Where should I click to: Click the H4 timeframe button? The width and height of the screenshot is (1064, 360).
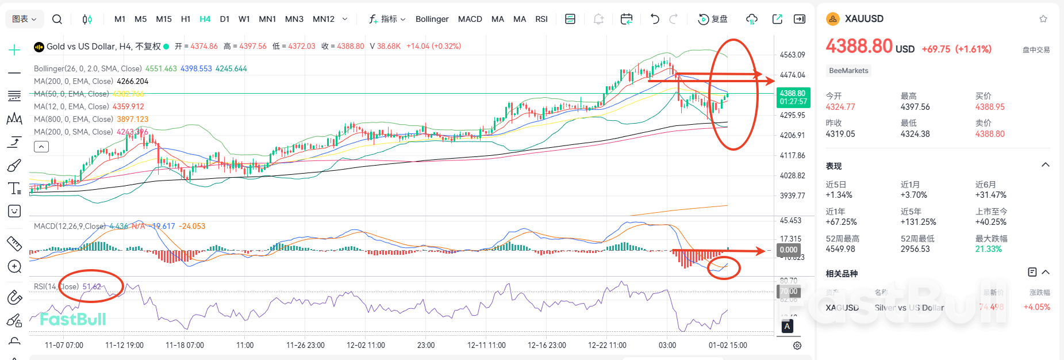[x=205, y=19]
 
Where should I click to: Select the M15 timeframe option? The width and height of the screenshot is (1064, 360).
[x=164, y=19]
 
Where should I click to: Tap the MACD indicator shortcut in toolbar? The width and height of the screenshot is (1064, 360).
[x=470, y=19]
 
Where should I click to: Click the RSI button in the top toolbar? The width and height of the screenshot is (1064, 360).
[x=541, y=19]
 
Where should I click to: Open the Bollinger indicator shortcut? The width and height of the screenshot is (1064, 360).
[x=432, y=19]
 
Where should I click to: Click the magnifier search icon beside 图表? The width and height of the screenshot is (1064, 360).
[x=57, y=19]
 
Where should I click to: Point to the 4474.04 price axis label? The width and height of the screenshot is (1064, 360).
[x=792, y=75]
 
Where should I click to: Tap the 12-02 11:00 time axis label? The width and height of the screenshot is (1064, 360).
[x=366, y=345]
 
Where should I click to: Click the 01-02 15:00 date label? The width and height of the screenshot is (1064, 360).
[x=728, y=345]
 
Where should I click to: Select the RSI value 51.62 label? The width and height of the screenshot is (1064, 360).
[x=92, y=286]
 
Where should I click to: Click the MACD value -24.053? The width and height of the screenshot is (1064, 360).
[x=192, y=226]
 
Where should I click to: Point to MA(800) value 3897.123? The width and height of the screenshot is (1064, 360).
[x=132, y=119]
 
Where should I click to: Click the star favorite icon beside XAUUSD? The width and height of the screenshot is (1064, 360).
[x=1043, y=19]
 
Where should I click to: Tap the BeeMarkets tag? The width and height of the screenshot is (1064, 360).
[x=848, y=71]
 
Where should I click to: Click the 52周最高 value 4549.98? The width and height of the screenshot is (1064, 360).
[x=840, y=249]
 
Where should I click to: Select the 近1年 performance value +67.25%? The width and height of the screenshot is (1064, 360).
[x=841, y=222]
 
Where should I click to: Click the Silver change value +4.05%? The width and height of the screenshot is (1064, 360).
[x=1036, y=307]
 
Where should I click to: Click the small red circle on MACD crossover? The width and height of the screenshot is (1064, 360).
[x=723, y=267]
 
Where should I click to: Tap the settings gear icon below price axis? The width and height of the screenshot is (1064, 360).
[x=797, y=346]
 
